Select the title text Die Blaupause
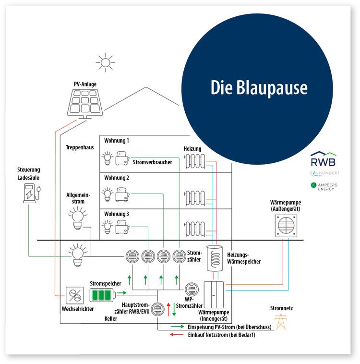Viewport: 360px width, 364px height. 259,88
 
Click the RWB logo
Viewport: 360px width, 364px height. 323,159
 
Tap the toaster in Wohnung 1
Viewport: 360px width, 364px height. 122,158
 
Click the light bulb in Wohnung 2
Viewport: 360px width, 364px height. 107,194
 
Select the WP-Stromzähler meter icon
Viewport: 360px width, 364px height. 192,289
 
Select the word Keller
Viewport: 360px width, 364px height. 111,318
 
